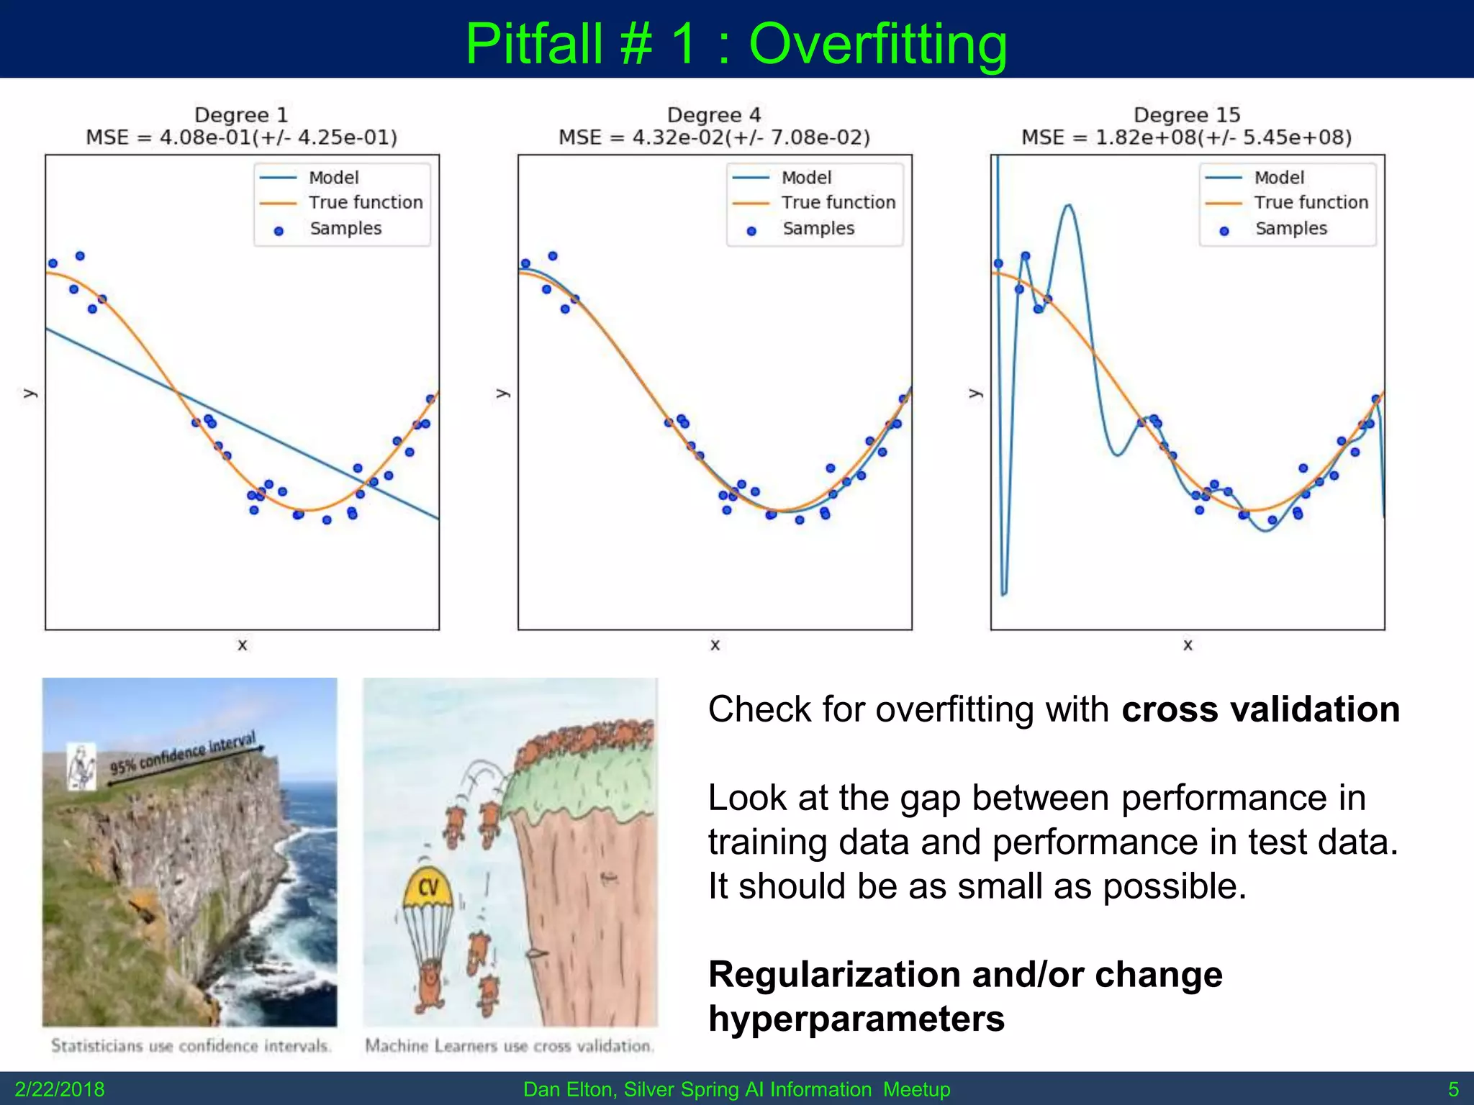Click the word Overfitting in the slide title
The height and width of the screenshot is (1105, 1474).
tap(877, 45)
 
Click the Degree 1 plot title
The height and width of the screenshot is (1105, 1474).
tap(241, 115)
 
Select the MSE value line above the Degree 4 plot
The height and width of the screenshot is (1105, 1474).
tap(714, 137)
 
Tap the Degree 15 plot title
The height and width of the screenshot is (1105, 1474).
tap(1187, 115)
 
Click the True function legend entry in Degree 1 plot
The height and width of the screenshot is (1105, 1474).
tap(365, 203)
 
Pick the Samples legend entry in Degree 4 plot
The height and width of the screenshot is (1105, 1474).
tap(818, 229)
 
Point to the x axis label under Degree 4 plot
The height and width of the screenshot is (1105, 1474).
tap(715, 645)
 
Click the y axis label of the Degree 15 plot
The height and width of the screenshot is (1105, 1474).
tap(975, 394)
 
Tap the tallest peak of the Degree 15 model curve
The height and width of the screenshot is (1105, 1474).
tap(1069, 206)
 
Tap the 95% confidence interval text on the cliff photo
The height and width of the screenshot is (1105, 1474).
tap(183, 753)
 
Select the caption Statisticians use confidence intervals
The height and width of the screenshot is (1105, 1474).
tap(191, 1045)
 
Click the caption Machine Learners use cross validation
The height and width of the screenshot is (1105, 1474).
tap(510, 1045)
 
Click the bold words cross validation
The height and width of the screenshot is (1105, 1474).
tap(1260, 709)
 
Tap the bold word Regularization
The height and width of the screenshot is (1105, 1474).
tap(834, 975)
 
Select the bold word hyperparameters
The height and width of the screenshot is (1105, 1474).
tap(856, 1019)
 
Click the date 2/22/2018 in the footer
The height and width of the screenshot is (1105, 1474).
tap(60, 1089)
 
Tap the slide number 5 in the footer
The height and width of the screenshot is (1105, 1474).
tap(1453, 1089)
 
